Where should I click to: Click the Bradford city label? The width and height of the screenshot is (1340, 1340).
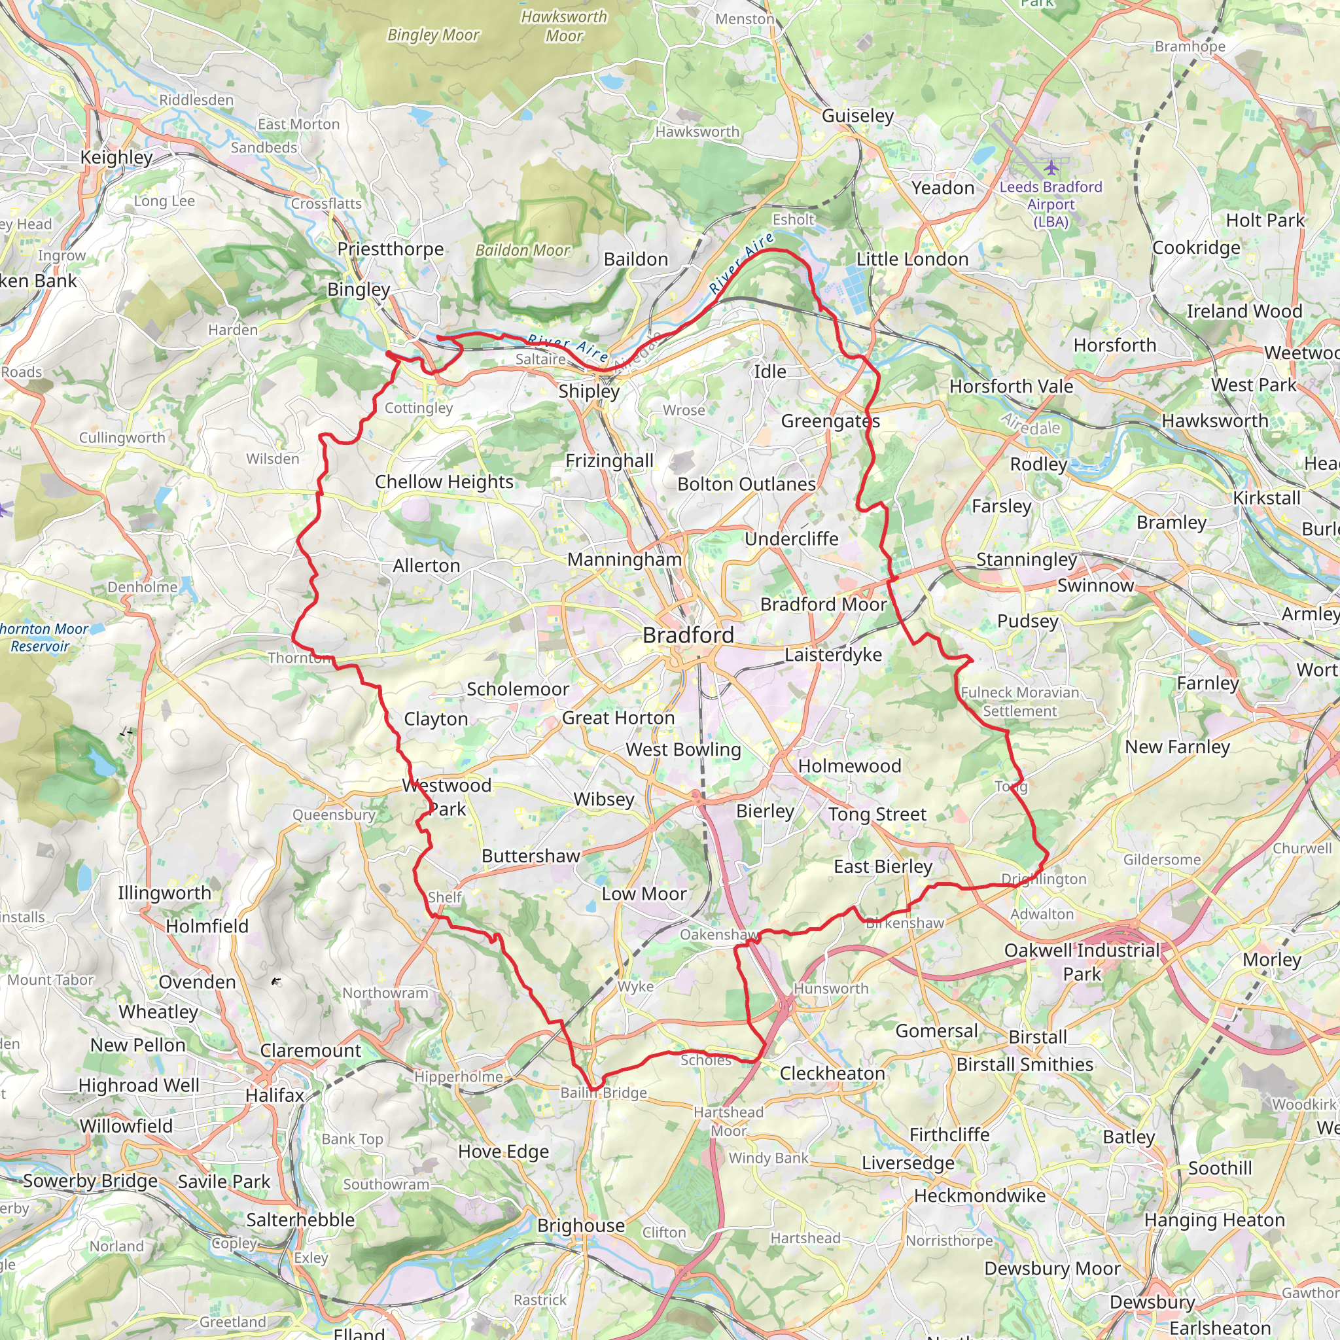tap(688, 635)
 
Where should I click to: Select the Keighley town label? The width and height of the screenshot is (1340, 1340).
tap(116, 157)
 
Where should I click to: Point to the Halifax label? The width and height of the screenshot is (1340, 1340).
tap(275, 1095)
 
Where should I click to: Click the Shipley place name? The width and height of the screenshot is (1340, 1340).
tap(589, 391)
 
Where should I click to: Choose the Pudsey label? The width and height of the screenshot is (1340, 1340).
tap(1027, 621)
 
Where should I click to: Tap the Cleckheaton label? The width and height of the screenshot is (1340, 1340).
tap(832, 1073)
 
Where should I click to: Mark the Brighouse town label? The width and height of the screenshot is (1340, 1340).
tap(580, 1225)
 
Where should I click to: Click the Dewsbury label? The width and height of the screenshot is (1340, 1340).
tap(1152, 1302)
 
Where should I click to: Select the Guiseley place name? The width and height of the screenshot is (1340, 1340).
tap(857, 115)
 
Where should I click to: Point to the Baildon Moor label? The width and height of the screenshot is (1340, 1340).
tap(522, 251)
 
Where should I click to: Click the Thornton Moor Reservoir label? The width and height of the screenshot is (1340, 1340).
tap(43, 637)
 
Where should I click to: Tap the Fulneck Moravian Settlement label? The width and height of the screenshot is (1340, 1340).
tap(1019, 701)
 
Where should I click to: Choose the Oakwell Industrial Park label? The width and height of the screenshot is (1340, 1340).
tap(1082, 962)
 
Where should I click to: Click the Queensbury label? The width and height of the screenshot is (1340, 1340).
tap(334, 815)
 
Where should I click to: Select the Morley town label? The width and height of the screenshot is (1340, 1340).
tap(1271, 959)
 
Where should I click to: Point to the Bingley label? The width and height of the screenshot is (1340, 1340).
tap(359, 289)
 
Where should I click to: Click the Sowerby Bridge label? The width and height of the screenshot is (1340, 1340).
tap(90, 1181)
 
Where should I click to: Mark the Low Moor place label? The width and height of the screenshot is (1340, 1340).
tap(644, 894)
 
